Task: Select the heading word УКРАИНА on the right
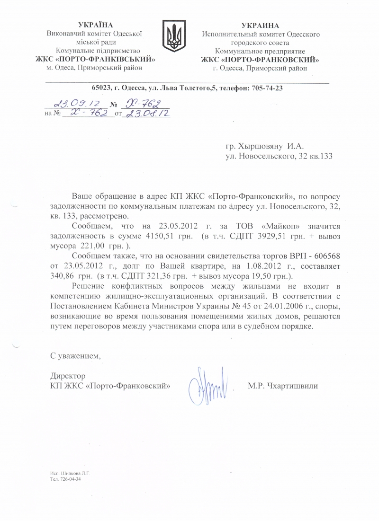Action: click(260, 25)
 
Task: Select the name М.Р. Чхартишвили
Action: click(282, 386)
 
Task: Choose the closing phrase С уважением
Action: click(76, 354)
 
